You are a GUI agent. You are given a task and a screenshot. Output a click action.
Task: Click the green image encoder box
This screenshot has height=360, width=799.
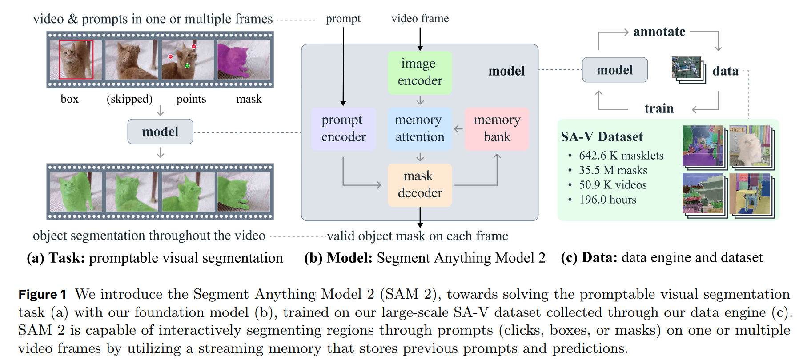click(420, 72)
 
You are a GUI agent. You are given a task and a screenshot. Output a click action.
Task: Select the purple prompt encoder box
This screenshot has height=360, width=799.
click(343, 128)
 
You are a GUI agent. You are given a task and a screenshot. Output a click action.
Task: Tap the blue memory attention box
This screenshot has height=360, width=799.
click(420, 128)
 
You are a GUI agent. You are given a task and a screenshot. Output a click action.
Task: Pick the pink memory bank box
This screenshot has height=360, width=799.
click(497, 128)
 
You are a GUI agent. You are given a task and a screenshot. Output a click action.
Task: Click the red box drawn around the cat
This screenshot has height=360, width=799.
click(76, 60)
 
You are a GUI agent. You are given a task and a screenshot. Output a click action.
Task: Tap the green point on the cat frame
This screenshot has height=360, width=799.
click(187, 66)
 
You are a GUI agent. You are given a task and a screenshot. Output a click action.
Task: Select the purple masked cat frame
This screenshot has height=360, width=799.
click(244, 60)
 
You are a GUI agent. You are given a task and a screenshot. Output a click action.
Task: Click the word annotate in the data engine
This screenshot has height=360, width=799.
click(659, 32)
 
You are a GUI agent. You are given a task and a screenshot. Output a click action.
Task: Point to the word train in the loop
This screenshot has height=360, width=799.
click(659, 108)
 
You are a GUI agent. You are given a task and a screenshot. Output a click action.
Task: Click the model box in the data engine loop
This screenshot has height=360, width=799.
click(615, 70)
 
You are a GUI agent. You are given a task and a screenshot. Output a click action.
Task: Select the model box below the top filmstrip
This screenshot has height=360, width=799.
click(160, 132)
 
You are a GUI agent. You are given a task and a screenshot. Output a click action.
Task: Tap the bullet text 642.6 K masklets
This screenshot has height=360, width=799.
click(621, 156)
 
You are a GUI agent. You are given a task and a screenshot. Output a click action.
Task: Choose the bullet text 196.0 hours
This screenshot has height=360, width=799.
click(607, 200)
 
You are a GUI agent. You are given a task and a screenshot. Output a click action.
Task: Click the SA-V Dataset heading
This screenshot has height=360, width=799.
click(602, 136)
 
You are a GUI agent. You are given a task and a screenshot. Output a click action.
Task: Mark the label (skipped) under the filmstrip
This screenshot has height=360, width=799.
click(129, 99)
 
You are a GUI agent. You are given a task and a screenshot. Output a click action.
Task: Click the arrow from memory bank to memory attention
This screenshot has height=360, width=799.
click(458, 129)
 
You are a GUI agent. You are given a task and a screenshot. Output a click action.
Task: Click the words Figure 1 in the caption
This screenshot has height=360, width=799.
click(42, 295)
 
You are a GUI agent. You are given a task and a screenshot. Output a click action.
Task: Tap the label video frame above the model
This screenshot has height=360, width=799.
click(420, 19)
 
